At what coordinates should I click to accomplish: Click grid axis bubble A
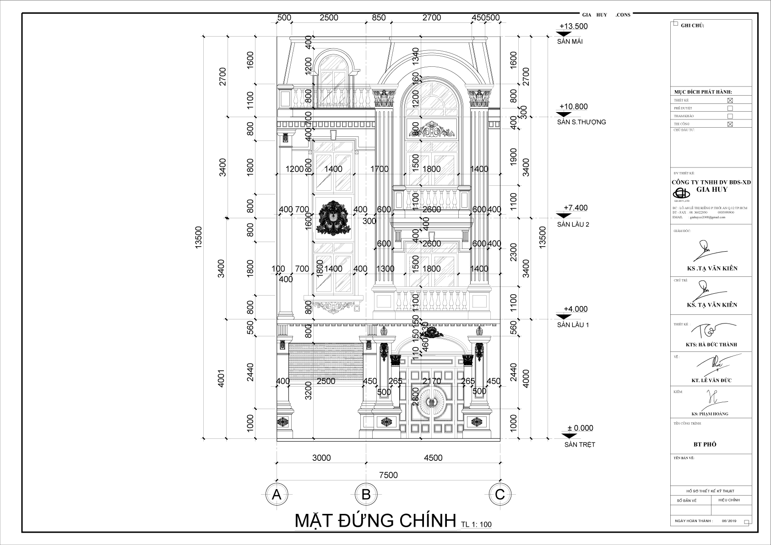(276, 495)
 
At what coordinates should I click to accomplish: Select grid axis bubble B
(366, 495)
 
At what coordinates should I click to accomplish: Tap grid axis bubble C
(500, 495)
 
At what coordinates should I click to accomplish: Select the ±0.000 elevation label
(580, 428)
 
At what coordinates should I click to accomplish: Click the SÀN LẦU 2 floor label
(573, 224)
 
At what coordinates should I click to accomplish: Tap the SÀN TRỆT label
(579, 444)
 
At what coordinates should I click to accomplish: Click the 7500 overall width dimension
(388, 475)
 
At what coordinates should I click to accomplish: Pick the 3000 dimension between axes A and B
(321, 458)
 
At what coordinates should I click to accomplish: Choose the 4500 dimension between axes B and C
(433, 458)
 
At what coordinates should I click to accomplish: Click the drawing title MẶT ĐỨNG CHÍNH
(375, 521)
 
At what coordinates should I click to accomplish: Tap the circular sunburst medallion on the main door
(431, 401)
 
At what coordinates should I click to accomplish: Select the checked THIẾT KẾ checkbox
(730, 100)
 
